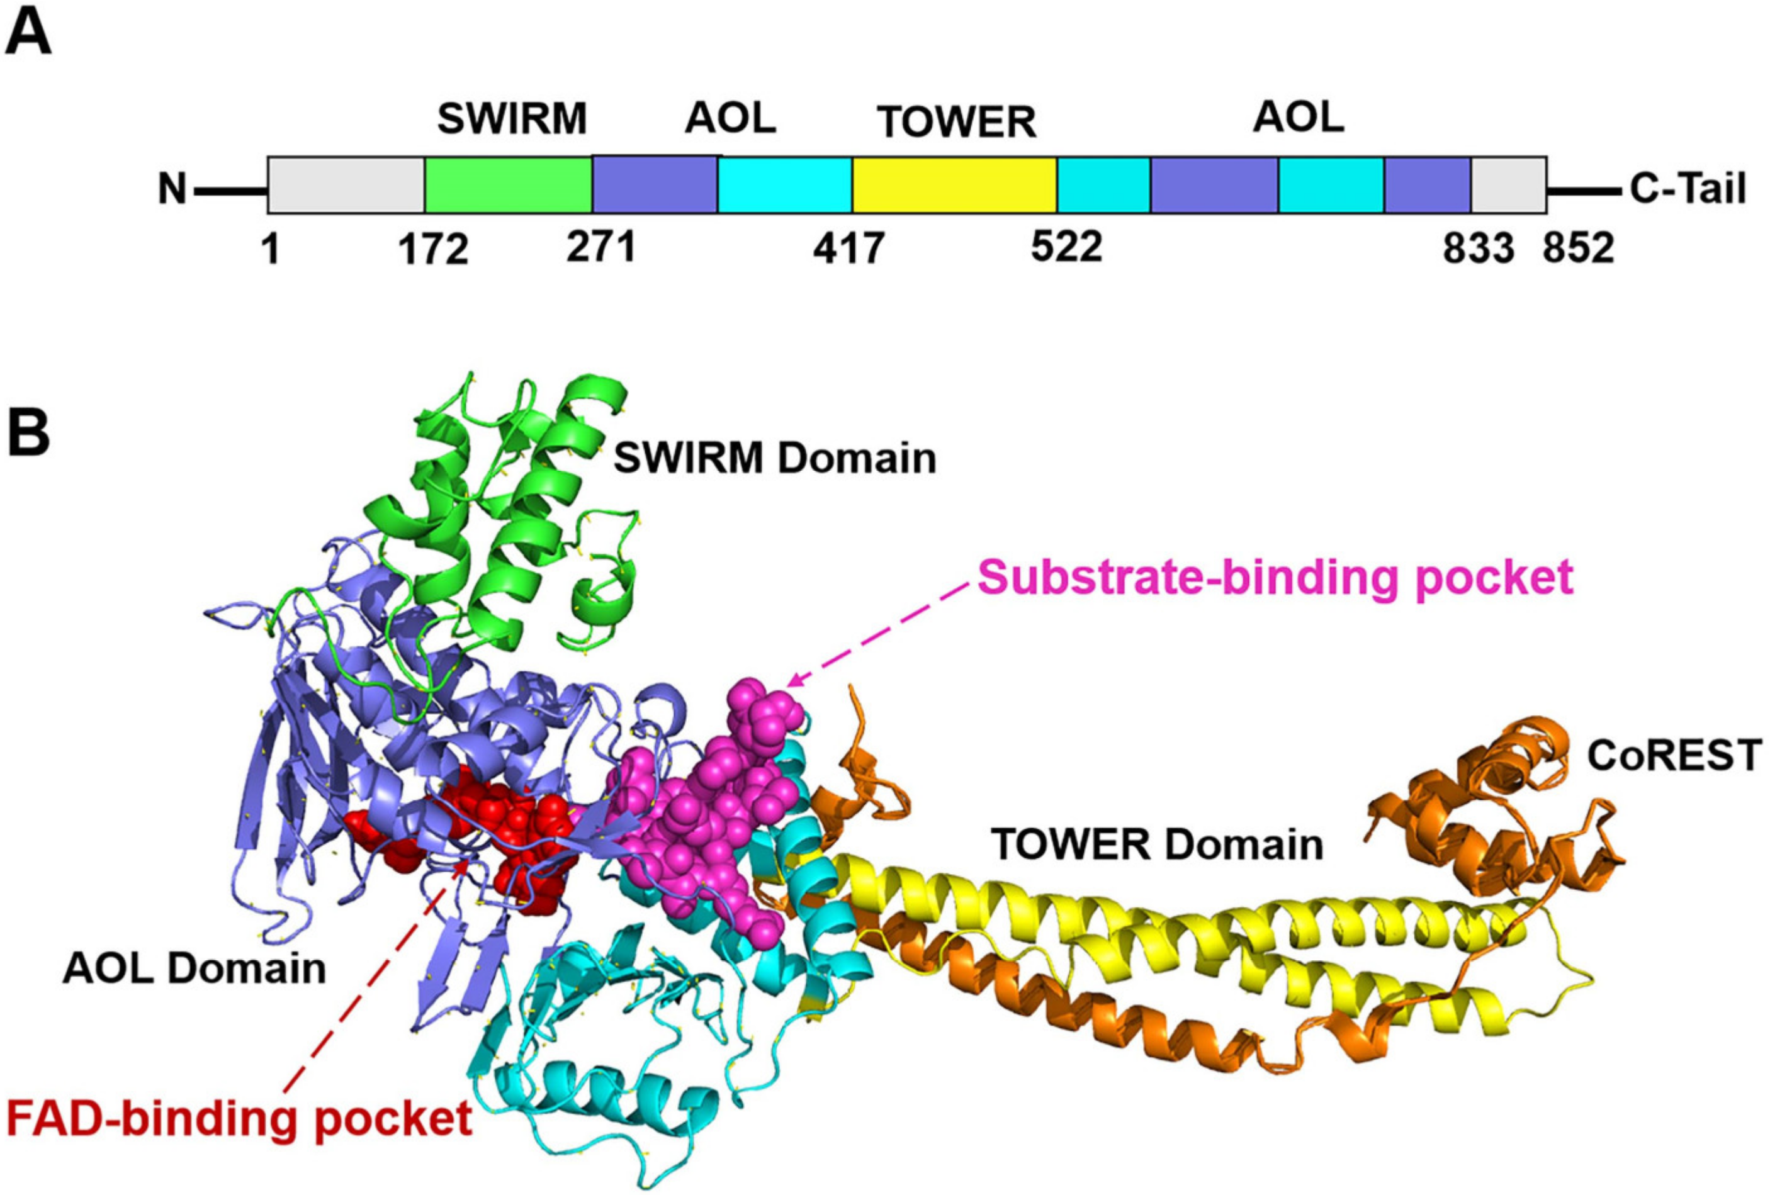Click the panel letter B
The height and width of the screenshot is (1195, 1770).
point(28,432)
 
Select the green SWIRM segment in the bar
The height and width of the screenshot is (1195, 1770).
point(508,185)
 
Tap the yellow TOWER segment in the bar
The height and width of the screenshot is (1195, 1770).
point(954,185)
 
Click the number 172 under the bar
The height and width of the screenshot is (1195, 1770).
point(433,249)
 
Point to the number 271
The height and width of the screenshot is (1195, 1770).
point(601,246)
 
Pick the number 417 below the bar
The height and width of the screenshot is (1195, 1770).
point(848,249)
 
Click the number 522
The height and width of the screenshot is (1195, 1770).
point(1066,246)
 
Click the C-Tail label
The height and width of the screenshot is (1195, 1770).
point(1688,188)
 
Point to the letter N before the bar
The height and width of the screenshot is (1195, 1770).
point(172,189)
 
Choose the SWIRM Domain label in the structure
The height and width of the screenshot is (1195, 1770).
point(775,459)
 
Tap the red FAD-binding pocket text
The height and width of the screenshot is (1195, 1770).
point(239,1119)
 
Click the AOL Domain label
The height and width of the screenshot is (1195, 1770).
point(194,969)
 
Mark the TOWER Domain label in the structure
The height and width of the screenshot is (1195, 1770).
point(1157,844)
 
